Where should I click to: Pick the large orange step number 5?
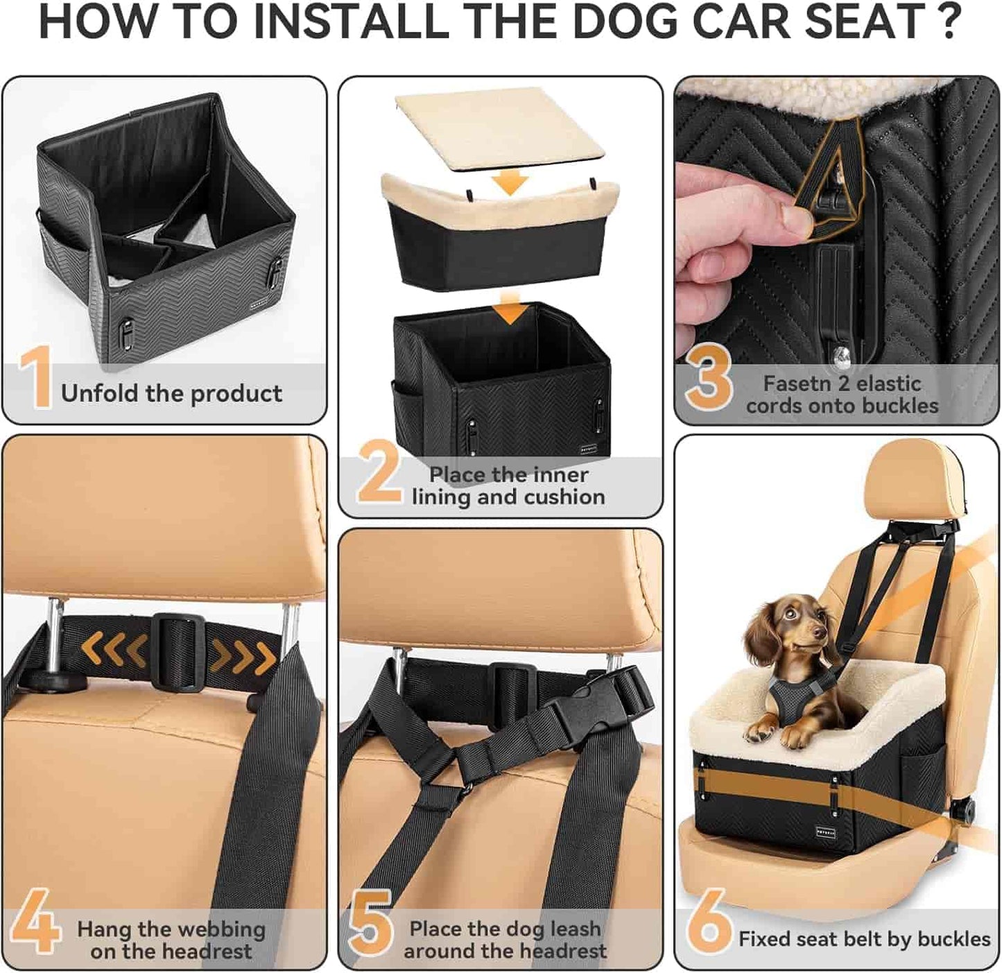(x=370, y=922)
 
